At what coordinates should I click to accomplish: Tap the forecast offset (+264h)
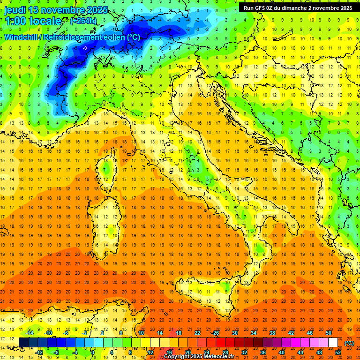[83, 21]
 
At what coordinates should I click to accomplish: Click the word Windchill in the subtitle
[21, 37]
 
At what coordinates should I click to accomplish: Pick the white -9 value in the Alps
[85, 48]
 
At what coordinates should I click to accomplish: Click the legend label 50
[329, 333]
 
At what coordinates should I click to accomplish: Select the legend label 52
[338, 352]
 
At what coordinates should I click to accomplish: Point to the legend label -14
[30, 333]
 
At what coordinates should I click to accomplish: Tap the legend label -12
[39, 352]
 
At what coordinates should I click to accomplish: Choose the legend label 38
[272, 333]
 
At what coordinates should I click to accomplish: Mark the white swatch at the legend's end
[333, 343]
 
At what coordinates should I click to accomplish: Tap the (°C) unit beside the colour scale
[349, 343]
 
